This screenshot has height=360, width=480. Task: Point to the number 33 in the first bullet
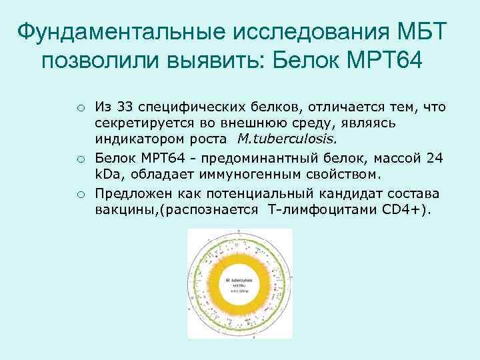pyautogui.click(x=124, y=109)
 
